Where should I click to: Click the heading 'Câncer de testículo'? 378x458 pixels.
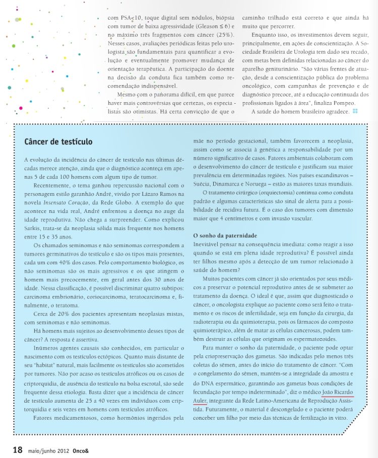pos(58,141)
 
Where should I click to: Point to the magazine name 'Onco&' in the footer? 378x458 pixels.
pos(80,450)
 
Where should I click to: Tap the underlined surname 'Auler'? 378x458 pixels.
pos(201,401)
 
